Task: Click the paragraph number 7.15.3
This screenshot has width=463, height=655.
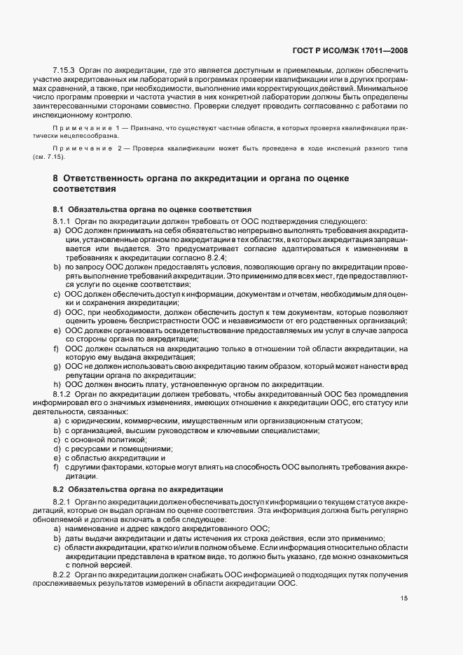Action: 64,72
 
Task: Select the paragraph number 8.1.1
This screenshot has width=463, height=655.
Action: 63,221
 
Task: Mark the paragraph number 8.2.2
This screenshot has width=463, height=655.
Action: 63,575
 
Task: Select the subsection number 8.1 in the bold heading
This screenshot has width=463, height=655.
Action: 58,210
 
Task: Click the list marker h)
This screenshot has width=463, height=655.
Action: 56,384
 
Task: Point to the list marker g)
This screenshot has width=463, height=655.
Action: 56,366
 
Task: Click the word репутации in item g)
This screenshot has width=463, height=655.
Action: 86,375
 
